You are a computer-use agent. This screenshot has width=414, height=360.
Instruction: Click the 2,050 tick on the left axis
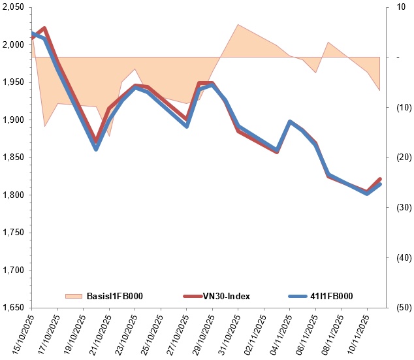click(13, 7)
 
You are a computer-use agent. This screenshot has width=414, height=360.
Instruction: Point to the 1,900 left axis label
click(13, 120)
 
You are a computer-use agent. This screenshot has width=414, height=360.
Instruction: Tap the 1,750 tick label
click(13, 233)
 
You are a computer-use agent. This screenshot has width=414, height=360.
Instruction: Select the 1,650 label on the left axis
click(13, 308)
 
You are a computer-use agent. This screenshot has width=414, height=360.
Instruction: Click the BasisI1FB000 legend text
click(114, 297)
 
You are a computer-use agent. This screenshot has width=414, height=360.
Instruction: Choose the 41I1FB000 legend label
click(330, 297)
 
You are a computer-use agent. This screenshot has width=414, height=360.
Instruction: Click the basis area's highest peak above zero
click(238, 25)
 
